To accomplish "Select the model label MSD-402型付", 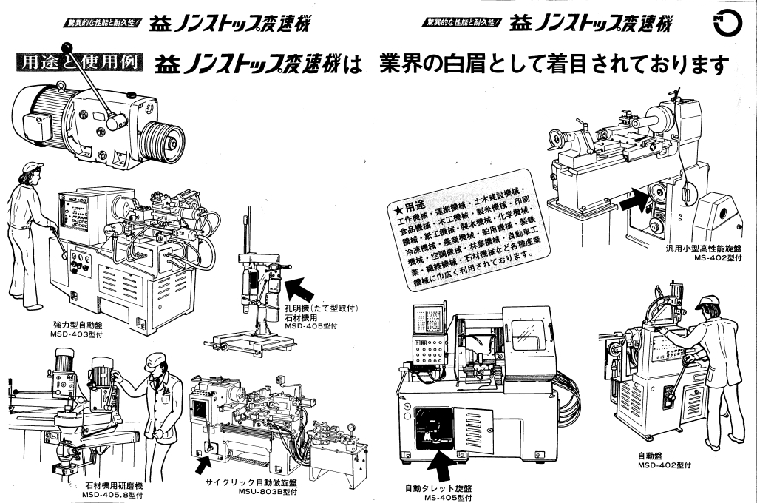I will click(x=664, y=465).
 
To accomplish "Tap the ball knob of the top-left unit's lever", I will click(x=113, y=123).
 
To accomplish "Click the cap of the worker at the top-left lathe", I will click(x=33, y=166).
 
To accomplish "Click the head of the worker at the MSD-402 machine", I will click(x=706, y=305).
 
